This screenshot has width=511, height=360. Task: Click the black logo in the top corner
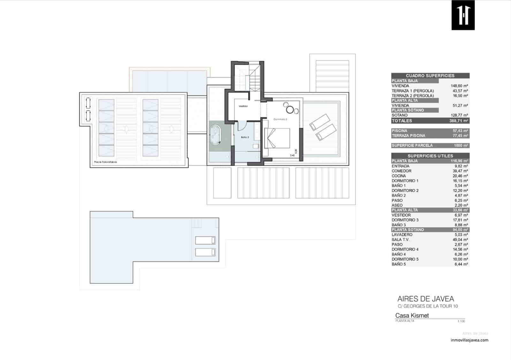click(463, 15)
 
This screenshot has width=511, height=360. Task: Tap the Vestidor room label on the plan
click(243, 106)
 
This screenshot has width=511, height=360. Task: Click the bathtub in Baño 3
click(216, 135)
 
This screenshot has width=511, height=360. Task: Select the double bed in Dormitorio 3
click(277, 138)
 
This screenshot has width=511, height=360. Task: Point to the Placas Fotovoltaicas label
click(105, 162)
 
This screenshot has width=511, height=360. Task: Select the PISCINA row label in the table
click(400, 131)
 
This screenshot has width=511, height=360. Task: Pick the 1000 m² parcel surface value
click(461, 146)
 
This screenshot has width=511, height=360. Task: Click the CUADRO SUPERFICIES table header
click(430, 76)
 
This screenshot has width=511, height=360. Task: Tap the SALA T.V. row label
click(400, 240)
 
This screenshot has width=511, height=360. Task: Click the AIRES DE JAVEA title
click(425, 299)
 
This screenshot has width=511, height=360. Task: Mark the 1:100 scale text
click(461, 321)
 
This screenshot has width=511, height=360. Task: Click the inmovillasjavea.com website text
click(469, 340)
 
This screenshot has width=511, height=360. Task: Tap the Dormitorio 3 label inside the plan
click(280, 119)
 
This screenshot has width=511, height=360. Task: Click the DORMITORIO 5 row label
click(405, 259)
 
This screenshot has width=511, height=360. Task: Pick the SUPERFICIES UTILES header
click(430, 156)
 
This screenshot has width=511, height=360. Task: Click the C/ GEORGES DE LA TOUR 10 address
click(427, 306)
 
